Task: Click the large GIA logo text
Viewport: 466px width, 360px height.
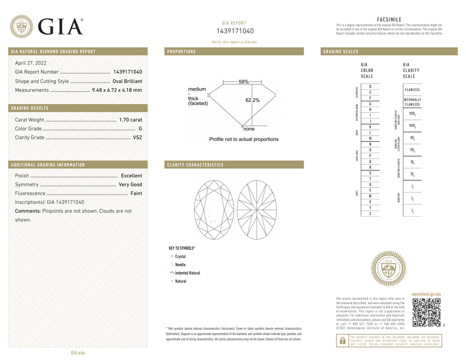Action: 60,27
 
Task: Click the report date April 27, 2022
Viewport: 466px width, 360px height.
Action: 31,63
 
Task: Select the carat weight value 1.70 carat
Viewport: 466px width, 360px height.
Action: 130,120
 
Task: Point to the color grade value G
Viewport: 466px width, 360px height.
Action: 140,129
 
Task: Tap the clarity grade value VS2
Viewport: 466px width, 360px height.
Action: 137,137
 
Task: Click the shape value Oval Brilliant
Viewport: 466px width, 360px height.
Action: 127,81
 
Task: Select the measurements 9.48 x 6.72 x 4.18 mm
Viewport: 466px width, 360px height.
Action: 117,90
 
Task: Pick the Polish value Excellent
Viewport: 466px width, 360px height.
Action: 131,176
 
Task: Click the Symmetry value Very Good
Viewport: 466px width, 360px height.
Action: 130,184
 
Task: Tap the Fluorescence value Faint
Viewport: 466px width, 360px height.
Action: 136,193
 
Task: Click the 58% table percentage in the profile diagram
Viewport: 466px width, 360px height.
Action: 243,82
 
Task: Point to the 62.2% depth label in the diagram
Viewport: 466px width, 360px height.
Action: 253,100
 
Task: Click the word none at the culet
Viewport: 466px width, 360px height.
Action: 249,129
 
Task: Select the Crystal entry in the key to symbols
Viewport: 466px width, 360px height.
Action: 180,257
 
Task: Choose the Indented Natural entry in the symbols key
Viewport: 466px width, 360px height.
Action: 187,273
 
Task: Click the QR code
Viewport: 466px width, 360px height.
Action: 426,312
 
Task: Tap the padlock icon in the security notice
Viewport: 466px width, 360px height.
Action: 342,340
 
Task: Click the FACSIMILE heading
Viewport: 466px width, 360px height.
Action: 389,20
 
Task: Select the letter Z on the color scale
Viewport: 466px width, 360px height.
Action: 370,213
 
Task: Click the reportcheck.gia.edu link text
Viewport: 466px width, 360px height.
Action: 426,294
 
